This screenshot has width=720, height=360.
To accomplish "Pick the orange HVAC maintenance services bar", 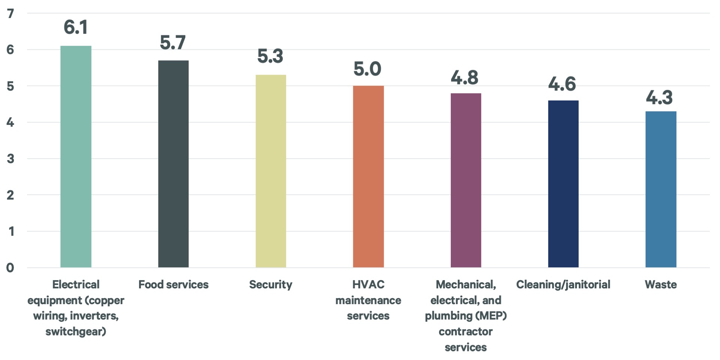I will (x=368, y=177).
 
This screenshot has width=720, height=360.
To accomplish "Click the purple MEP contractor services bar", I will (x=466, y=180).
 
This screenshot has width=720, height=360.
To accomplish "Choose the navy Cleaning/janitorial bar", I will (x=563, y=184).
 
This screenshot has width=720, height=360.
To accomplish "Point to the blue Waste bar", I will (x=661, y=189).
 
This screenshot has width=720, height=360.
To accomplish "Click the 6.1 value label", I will (x=76, y=27).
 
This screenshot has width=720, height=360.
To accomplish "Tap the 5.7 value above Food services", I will (x=173, y=42).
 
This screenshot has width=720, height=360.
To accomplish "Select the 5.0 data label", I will (x=367, y=69).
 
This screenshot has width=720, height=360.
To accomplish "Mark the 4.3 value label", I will (x=659, y=97).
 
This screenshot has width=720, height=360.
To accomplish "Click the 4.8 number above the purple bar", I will (x=465, y=78).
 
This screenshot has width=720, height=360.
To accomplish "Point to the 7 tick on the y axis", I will (x=10, y=14).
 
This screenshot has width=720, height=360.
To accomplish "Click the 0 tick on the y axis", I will (x=10, y=268).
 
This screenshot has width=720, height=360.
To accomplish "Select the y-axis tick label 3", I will (x=10, y=159).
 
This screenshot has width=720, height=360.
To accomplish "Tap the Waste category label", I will (x=661, y=285).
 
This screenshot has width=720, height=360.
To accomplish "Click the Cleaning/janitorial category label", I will (x=563, y=285).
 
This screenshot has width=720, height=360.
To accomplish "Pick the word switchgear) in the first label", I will (x=76, y=332).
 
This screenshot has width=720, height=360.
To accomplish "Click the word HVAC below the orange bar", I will (x=368, y=285).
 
